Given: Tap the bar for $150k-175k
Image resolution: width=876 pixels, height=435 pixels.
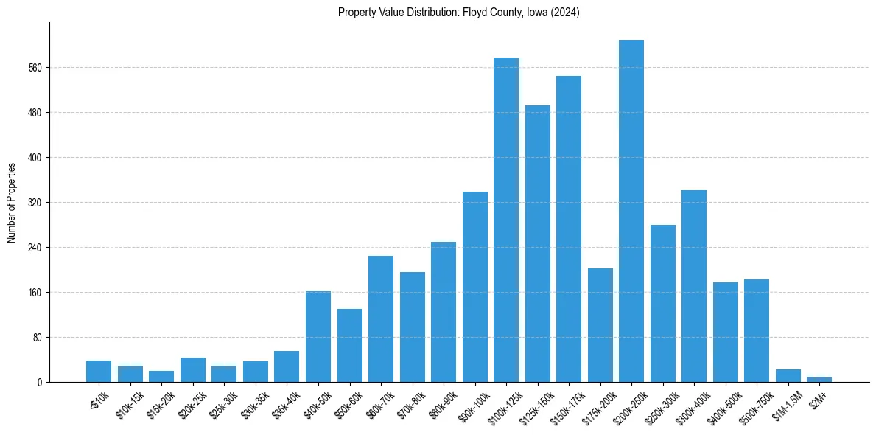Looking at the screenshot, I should click(569, 229).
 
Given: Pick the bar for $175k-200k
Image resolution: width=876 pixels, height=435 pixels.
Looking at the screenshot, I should click(600, 325).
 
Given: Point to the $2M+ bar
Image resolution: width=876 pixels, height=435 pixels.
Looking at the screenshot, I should click(819, 380).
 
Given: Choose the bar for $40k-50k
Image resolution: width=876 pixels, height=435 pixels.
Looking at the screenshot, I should click(318, 336).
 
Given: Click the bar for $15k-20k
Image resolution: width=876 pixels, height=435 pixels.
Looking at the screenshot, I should click(161, 376).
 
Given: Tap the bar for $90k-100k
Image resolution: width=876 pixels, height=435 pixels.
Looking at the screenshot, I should click(475, 287).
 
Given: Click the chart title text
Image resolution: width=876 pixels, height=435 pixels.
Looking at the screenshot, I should click(458, 13).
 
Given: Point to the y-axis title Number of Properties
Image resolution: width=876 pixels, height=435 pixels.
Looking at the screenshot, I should click(12, 202).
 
